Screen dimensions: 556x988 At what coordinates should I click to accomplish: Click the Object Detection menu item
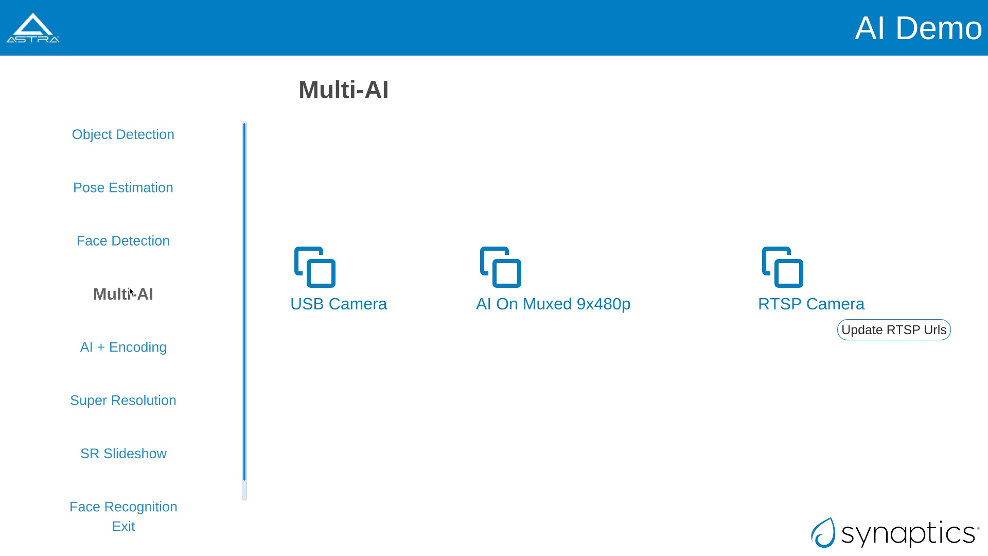click(x=123, y=134)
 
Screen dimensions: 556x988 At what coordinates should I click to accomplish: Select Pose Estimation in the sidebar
click(x=123, y=187)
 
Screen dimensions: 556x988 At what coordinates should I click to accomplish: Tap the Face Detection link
click(x=123, y=240)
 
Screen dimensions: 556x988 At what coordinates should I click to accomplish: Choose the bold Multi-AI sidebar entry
click(x=123, y=294)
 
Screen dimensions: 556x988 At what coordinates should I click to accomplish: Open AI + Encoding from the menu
click(x=123, y=347)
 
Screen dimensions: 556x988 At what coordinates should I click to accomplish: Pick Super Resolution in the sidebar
click(x=123, y=400)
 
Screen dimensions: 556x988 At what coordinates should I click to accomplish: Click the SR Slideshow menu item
click(x=123, y=454)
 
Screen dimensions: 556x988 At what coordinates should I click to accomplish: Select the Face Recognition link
click(x=123, y=507)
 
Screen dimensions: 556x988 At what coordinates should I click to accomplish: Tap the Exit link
click(x=123, y=526)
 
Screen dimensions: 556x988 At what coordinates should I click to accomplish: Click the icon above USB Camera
click(x=315, y=267)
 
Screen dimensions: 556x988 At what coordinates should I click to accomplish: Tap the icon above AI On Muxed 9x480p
click(x=501, y=267)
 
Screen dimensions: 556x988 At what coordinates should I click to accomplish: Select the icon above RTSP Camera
click(x=783, y=267)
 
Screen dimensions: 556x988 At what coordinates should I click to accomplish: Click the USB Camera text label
click(x=339, y=304)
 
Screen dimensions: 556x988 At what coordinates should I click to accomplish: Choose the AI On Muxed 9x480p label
click(x=553, y=304)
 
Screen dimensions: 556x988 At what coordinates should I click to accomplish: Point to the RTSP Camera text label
click(x=811, y=304)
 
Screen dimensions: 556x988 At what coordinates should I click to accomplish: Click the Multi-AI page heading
click(x=344, y=90)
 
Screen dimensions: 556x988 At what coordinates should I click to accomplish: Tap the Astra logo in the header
click(x=33, y=28)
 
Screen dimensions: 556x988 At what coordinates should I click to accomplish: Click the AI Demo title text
click(x=918, y=28)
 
